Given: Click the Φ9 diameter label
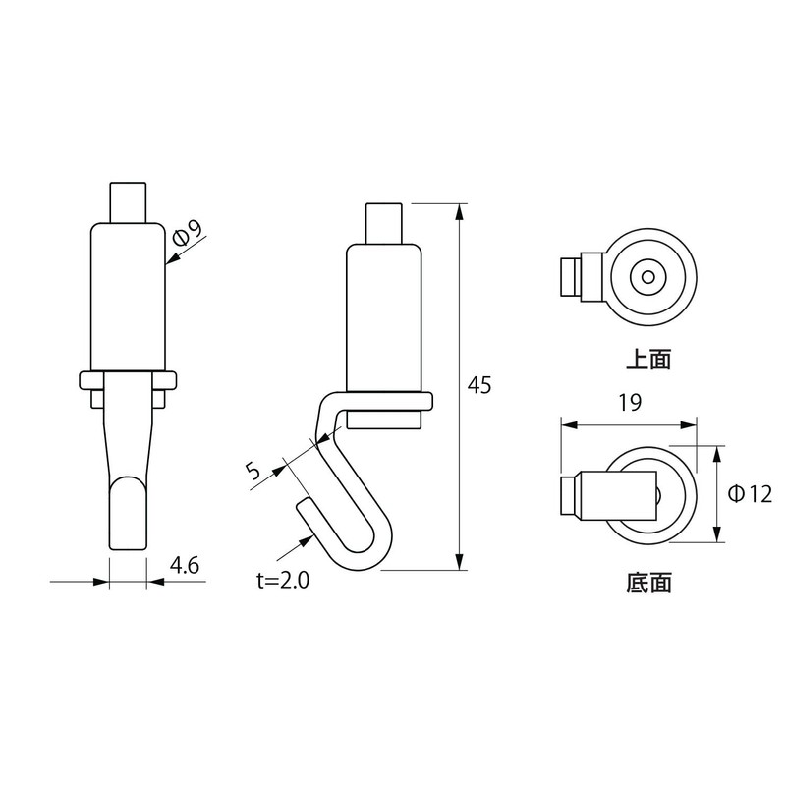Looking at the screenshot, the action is (x=187, y=233).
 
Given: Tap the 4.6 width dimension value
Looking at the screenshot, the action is (x=185, y=565).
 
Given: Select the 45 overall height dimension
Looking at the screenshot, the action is (x=479, y=384).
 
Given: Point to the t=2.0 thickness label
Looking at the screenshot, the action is (x=283, y=580).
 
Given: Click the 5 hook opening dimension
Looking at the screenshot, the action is (x=254, y=471).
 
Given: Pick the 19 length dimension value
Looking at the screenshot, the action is (x=630, y=402).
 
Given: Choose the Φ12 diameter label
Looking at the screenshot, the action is (x=750, y=494).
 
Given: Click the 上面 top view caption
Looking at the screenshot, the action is (x=648, y=360).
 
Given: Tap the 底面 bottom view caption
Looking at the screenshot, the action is (x=648, y=584).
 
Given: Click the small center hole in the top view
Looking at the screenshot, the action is (x=648, y=277).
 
